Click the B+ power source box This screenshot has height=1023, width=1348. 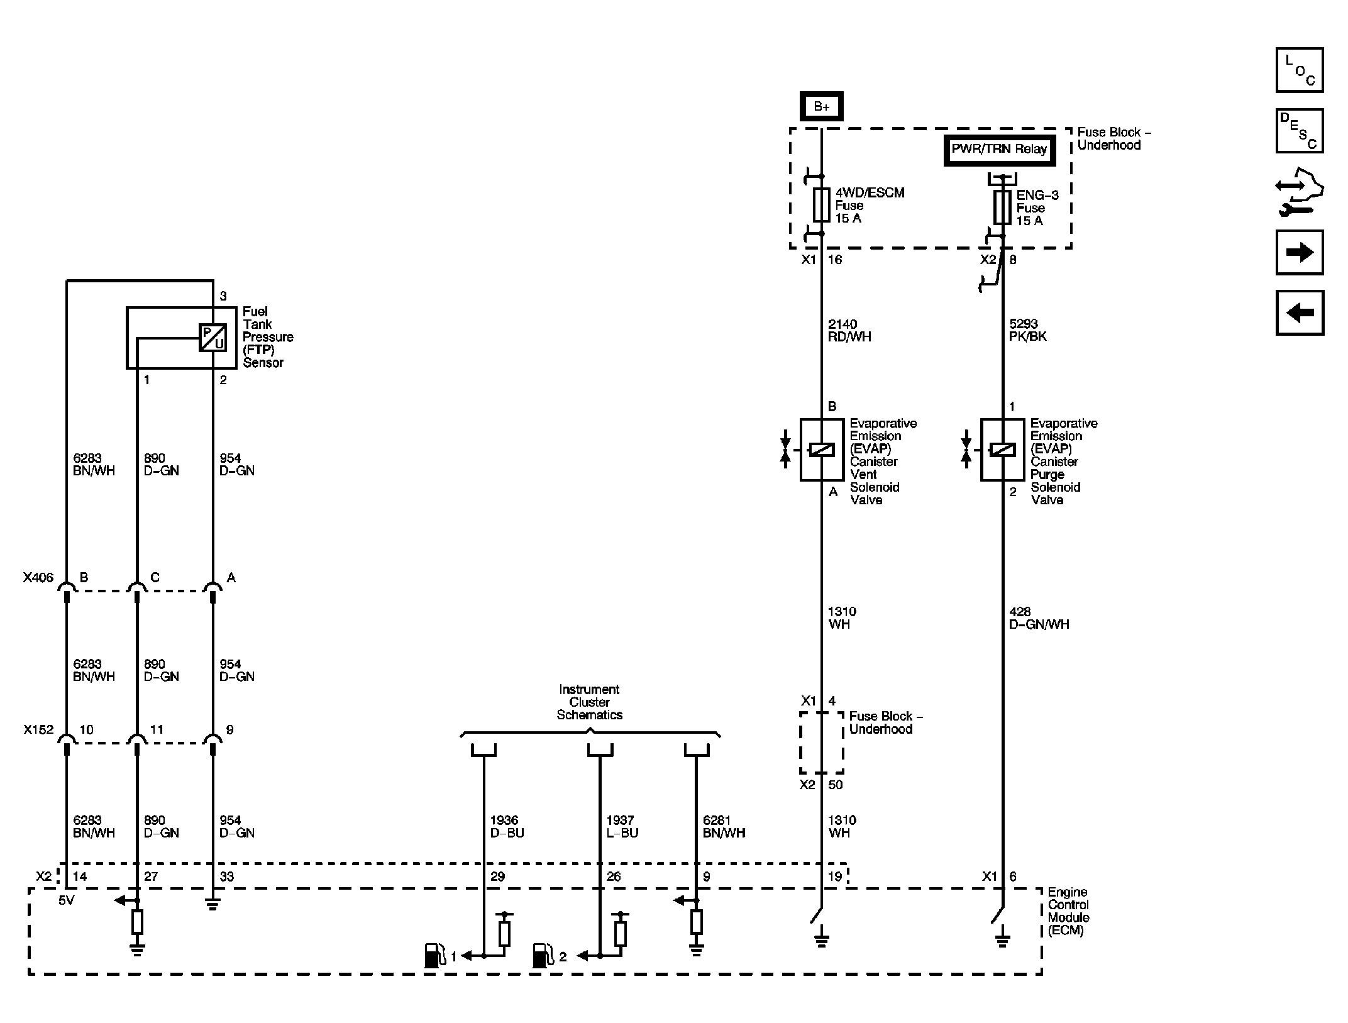[821, 107]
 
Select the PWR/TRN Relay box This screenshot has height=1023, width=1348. [999, 150]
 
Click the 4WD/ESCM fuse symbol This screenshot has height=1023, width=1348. [821, 205]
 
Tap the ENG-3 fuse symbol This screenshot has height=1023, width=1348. [1002, 208]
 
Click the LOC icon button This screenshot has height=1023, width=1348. [1299, 70]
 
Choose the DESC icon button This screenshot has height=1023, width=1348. [1299, 131]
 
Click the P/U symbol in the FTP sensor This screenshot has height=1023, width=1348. [213, 338]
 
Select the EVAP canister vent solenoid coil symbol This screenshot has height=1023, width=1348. [821, 450]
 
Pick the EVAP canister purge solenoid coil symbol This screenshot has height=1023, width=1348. [1002, 450]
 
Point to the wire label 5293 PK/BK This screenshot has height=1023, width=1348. [1028, 331]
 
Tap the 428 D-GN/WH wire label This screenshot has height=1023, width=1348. [1039, 618]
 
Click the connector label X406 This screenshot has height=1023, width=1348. [38, 578]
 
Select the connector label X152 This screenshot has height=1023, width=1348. [38, 730]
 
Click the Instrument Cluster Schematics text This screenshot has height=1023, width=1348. [589, 702]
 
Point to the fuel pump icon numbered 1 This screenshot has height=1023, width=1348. [433, 956]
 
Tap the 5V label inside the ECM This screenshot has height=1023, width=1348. [66, 901]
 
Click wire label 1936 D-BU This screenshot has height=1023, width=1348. [507, 827]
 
